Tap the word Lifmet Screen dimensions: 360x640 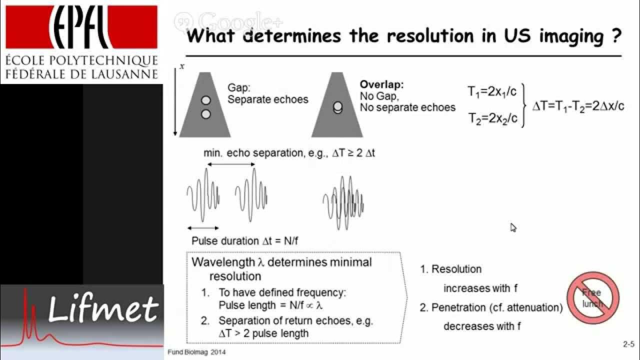coord(103,309)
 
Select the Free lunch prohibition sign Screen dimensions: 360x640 coord(593,298)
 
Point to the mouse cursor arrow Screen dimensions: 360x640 coord(513,227)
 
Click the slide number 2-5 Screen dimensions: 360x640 coord(628,344)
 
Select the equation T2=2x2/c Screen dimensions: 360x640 coord(492,118)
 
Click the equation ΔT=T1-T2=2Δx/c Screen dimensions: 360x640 coord(578,105)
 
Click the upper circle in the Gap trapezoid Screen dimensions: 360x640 coord(205,100)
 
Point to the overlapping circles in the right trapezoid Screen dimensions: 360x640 coord(337,107)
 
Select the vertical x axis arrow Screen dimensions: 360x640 coord(175,102)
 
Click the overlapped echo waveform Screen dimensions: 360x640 coord(343,202)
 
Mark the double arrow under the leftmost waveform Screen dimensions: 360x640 coord(202,228)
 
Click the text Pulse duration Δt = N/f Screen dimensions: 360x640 coord(245,241)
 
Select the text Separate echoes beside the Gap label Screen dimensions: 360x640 coord(268,99)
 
